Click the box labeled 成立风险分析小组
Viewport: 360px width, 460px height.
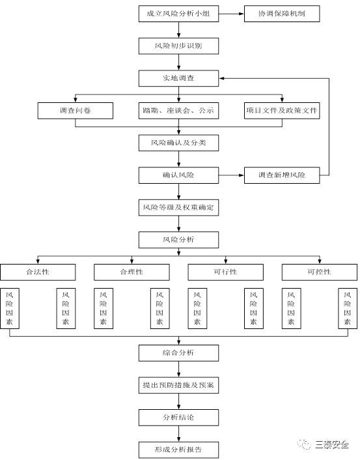coord(178,14)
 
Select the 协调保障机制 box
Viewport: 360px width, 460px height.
coord(282,14)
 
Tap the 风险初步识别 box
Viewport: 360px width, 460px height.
coord(178,46)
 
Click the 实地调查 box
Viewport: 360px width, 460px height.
coord(178,78)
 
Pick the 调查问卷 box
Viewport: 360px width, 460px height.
coord(76,111)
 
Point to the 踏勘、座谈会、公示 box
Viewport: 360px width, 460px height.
coord(178,111)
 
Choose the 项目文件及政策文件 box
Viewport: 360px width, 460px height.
coord(282,111)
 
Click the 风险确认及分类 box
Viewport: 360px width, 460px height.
coord(178,143)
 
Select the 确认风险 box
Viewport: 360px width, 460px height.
coord(178,175)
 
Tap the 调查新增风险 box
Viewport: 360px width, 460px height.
coord(282,175)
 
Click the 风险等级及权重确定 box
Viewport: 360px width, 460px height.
coord(178,207)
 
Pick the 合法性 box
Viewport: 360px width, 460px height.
coord(38,272)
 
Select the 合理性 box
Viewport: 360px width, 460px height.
coord(132,272)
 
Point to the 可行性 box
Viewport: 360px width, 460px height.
coord(225,272)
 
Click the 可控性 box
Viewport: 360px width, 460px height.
coord(320,272)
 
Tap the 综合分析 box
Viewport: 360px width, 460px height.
coord(178,353)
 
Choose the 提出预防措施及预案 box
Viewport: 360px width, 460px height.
coord(178,385)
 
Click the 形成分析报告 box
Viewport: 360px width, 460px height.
coord(178,450)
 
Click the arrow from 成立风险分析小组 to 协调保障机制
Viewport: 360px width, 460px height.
coord(231,14)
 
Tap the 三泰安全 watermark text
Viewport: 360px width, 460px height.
coord(332,445)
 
